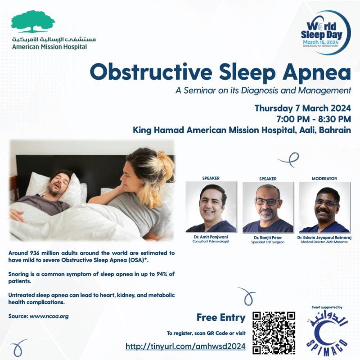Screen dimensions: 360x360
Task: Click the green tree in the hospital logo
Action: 33,21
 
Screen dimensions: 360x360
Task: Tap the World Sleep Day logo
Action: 325,32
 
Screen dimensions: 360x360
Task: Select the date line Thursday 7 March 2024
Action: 302,108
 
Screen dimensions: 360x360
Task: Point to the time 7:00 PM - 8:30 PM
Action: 314,119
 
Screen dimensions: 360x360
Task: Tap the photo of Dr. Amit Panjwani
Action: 211,207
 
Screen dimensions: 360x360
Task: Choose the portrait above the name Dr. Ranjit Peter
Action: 268,207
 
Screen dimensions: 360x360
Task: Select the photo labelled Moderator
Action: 324,207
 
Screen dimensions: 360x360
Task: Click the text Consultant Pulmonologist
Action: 211,241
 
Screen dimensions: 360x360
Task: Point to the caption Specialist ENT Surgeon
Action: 268,242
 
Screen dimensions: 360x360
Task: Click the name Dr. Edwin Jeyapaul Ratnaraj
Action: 324,238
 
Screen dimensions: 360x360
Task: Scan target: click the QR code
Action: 274,333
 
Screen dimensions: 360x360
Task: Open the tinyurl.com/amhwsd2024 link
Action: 185,346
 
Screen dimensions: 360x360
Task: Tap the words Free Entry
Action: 221,318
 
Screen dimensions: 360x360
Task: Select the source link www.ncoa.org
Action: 49,316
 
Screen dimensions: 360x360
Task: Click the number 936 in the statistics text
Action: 35,253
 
